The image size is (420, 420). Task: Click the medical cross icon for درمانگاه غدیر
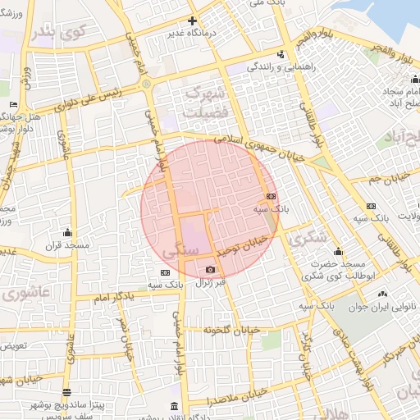pyautogui.click(x=193, y=21)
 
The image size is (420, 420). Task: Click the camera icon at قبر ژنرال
pyautogui.click(x=211, y=270)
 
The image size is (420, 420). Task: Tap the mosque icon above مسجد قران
pyautogui.click(x=67, y=232)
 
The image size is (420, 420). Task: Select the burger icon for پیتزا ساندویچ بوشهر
pyautogui.click(x=66, y=391)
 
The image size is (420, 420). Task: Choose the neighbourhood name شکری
pyautogui.click(x=308, y=237)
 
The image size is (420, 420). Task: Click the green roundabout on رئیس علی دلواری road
pyautogui.click(x=146, y=83)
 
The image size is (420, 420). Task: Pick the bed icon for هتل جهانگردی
pyautogui.click(x=13, y=105)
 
